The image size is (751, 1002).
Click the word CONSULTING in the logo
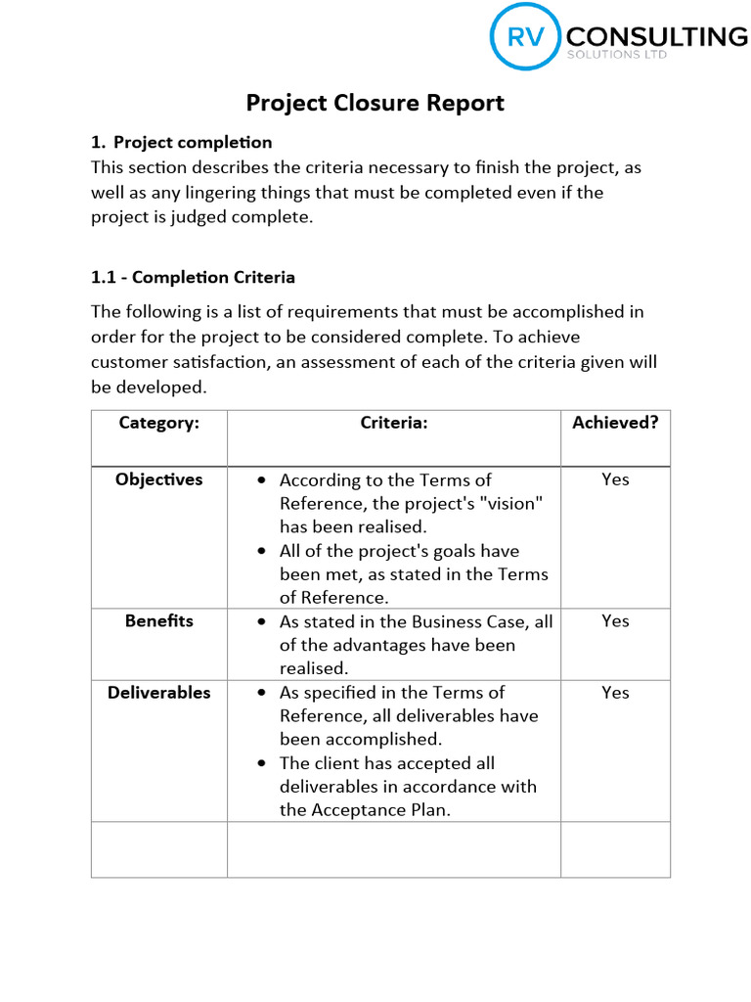(x=656, y=37)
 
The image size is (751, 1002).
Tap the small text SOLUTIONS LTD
(x=617, y=56)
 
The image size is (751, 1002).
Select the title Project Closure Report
(x=375, y=103)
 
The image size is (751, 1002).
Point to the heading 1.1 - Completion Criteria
(x=193, y=277)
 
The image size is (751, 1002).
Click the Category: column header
(x=158, y=423)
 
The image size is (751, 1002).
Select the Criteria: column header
(x=394, y=423)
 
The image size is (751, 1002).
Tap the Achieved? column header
(x=615, y=423)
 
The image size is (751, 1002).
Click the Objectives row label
(x=158, y=479)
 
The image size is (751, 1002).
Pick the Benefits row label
(x=158, y=621)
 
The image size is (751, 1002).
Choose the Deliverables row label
(x=158, y=693)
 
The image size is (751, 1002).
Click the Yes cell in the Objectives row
(x=615, y=479)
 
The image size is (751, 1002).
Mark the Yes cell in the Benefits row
(x=615, y=621)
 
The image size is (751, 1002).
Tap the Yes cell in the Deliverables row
(x=615, y=693)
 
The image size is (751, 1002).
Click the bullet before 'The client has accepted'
(x=261, y=763)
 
